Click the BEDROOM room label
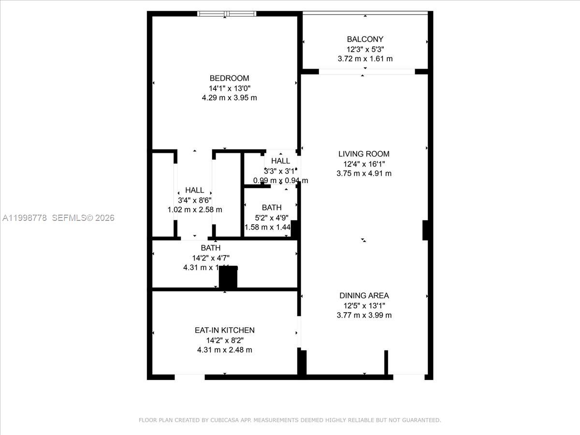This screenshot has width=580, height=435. click(229, 78)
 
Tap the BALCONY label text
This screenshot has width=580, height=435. click(365, 39)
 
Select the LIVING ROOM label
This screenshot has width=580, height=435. click(364, 154)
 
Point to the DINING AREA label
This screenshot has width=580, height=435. click(364, 295)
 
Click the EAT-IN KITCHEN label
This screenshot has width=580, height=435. click(224, 330)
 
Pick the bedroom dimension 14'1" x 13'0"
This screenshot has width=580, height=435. click(229, 88)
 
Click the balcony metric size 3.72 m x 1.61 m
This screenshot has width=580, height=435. click(365, 58)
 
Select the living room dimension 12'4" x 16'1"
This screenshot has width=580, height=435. click(364, 164)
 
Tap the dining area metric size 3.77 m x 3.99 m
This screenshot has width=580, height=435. click(364, 315)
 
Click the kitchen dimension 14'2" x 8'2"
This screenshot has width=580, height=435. click(224, 340)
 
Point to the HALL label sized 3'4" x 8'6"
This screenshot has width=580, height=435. click(194, 190)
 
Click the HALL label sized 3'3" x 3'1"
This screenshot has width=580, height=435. click(280, 161)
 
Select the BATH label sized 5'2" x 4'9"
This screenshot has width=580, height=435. click(272, 208)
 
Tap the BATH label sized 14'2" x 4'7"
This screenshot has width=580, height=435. click(211, 248)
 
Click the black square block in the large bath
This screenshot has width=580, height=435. click(228, 277)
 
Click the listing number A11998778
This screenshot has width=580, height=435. click(25, 218)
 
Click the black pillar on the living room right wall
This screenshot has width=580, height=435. click(425, 230)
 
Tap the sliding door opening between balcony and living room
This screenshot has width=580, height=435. click(366, 72)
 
